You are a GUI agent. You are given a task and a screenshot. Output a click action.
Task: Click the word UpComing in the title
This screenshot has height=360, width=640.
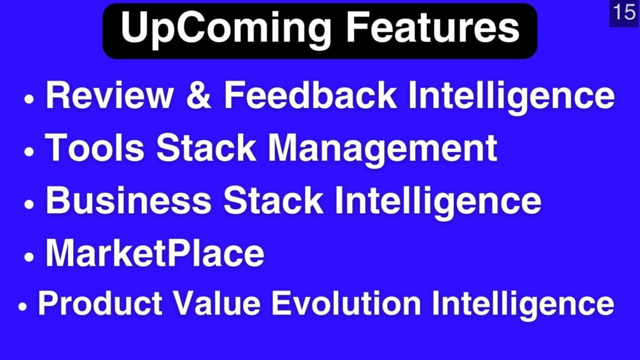pos(226,29)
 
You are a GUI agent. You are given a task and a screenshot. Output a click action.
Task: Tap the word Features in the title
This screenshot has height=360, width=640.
pos(432,27)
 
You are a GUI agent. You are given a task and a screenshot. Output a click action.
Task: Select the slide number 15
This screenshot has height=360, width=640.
pos(624,12)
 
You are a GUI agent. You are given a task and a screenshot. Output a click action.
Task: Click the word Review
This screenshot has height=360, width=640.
pos(109,95)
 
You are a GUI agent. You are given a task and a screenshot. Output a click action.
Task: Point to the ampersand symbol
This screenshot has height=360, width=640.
pos(199,95)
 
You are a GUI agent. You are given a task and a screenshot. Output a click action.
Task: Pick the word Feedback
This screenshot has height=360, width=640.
pos(310,95)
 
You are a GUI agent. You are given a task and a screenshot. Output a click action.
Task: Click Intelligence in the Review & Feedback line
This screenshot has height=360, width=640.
pos(511,97)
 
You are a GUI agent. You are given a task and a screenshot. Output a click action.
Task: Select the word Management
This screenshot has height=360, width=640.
pos(382,150)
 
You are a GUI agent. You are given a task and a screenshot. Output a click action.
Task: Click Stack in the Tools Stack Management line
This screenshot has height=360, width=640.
pos(206,147)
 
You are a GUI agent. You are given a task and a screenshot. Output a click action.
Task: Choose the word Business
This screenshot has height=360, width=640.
pos(129,200)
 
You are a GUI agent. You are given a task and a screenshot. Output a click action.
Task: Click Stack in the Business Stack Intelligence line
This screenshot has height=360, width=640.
pos(273,200)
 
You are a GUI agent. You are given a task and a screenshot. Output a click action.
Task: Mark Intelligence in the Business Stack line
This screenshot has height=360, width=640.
pos(438,202)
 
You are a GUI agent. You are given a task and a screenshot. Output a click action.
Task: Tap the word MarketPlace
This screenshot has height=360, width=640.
pos(155,252)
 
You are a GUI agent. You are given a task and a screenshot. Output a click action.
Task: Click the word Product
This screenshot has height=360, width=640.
pos(100,303)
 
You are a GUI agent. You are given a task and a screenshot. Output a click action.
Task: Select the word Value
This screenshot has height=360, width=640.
pos(217,303)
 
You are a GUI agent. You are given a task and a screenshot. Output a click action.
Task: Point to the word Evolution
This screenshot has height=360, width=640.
pos(346,303)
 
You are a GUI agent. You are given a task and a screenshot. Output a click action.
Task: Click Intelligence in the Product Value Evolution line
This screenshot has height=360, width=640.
pos(523,305)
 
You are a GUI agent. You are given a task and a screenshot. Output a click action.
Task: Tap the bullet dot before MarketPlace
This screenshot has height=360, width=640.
pos(29,257)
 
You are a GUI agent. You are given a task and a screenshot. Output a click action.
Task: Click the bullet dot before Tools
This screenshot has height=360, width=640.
pos(29,151)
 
